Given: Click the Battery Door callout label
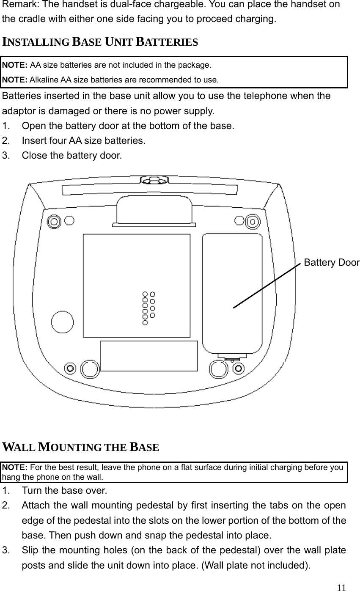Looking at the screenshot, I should tap(331, 263).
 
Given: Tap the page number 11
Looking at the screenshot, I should tap(341, 587).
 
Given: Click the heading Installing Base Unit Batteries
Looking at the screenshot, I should tap(100, 42).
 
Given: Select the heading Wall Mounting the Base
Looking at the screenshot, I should tap(81, 447).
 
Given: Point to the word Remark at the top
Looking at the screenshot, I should tap(16, 5).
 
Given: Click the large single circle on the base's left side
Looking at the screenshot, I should tap(62, 322).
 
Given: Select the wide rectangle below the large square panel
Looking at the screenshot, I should tap(149, 356).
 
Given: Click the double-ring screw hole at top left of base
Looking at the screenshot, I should tap(54, 221).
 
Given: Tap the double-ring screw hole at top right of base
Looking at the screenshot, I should tap(253, 221).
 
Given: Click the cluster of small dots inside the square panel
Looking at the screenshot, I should tap(148, 308).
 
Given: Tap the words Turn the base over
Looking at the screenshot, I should tap(64, 491).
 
